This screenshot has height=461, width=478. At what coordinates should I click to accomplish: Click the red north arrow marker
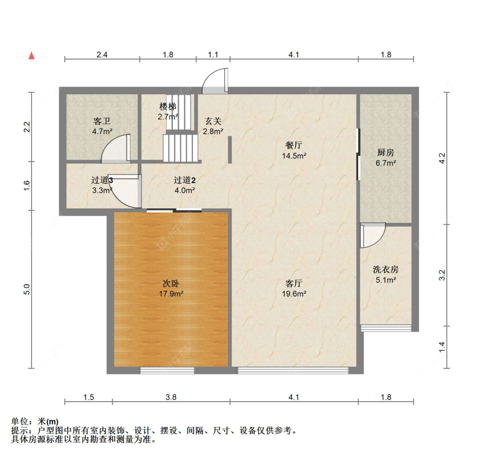[x=31, y=56]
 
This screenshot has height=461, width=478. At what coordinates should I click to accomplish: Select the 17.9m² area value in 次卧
[x=171, y=293]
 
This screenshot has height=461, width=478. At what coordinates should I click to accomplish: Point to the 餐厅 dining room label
[x=294, y=146]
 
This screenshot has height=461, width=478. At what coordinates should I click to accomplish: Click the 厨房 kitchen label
[x=386, y=153]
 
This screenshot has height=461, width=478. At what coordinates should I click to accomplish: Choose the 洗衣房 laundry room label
[x=386, y=270]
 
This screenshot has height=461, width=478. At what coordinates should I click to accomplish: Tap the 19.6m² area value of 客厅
[x=294, y=293]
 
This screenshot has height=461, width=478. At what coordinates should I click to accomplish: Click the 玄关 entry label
[x=213, y=122]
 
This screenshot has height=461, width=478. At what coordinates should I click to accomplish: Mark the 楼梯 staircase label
[x=168, y=107]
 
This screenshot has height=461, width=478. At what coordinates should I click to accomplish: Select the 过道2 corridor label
[x=184, y=180]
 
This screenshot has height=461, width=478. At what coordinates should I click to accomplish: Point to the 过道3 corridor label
[x=102, y=180]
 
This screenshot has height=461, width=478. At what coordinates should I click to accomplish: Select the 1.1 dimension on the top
[x=213, y=54]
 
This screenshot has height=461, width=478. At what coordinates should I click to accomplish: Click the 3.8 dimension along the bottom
[x=171, y=397]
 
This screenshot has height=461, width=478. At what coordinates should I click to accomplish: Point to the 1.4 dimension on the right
[x=442, y=347]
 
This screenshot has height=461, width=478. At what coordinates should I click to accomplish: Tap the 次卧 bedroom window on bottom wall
[x=167, y=371]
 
